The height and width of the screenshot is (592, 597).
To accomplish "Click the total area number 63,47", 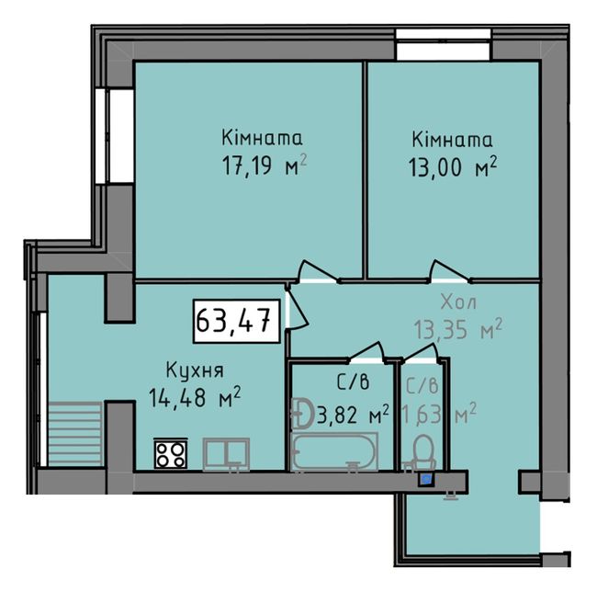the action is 233,321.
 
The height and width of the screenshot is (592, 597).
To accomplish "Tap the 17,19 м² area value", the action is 265,166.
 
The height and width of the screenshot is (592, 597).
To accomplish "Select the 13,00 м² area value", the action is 453,167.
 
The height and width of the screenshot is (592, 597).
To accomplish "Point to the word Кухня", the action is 195,370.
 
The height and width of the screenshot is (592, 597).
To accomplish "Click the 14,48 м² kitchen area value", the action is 195,397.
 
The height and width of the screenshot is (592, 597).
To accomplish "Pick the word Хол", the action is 458,302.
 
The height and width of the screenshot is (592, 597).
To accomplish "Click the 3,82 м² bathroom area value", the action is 353,415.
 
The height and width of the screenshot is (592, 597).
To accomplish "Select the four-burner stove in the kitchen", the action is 171,454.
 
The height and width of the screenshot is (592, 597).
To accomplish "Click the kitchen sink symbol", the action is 226,455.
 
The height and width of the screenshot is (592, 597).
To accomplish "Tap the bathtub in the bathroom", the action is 334,451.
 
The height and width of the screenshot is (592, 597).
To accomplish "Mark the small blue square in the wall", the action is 426,479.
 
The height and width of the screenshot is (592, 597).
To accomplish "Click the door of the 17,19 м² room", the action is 318,272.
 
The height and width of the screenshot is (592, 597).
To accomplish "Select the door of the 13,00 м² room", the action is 449,272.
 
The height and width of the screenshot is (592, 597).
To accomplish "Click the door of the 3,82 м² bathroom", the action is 366,352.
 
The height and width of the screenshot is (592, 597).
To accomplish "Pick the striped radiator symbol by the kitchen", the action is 75,434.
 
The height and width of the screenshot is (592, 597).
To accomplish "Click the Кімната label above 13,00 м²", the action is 452,140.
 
